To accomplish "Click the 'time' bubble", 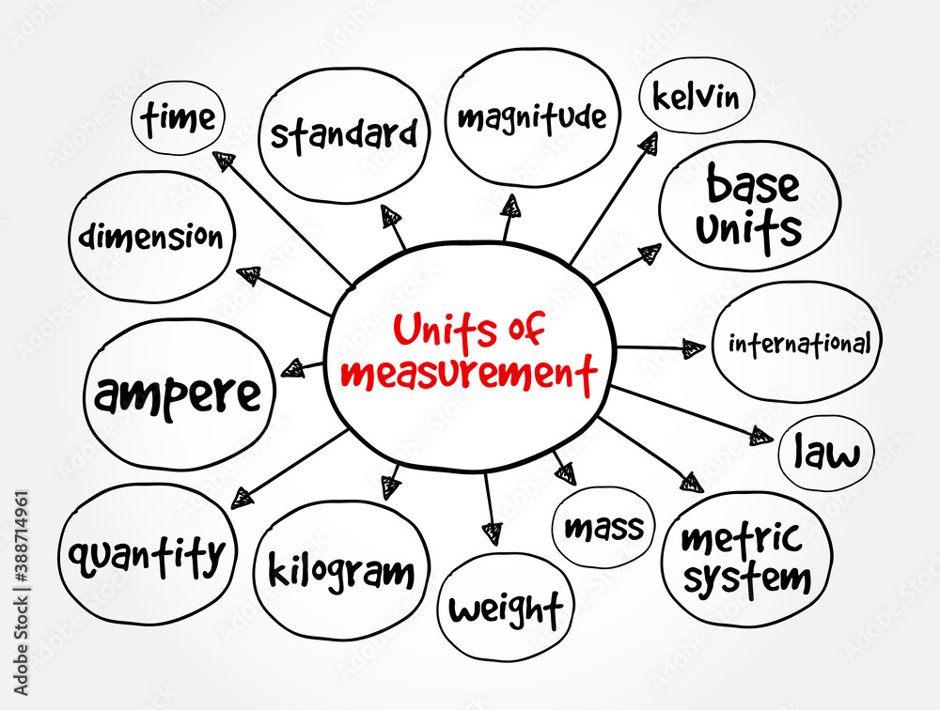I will tap(179, 118).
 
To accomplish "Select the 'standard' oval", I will tap(343, 134).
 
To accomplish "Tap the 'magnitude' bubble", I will tap(533, 118).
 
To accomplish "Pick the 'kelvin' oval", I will tap(696, 97).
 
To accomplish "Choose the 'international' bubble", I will tap(798, 343).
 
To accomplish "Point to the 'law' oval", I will tap(826, 454).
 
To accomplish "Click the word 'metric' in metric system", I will tap(742, 540).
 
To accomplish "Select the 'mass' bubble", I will tap(603, 527).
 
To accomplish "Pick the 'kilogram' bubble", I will tap(341, 570).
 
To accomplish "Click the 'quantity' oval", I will tap(148, 555).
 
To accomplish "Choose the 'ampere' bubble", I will tap(179, 394).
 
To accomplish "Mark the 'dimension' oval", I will tap(151, 237).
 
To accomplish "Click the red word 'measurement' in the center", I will tap(469, 372).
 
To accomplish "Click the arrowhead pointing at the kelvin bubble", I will tap(648, 143).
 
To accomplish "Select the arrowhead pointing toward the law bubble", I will tap(761, 436).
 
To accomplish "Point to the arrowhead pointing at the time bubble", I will tap(223, 161).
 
